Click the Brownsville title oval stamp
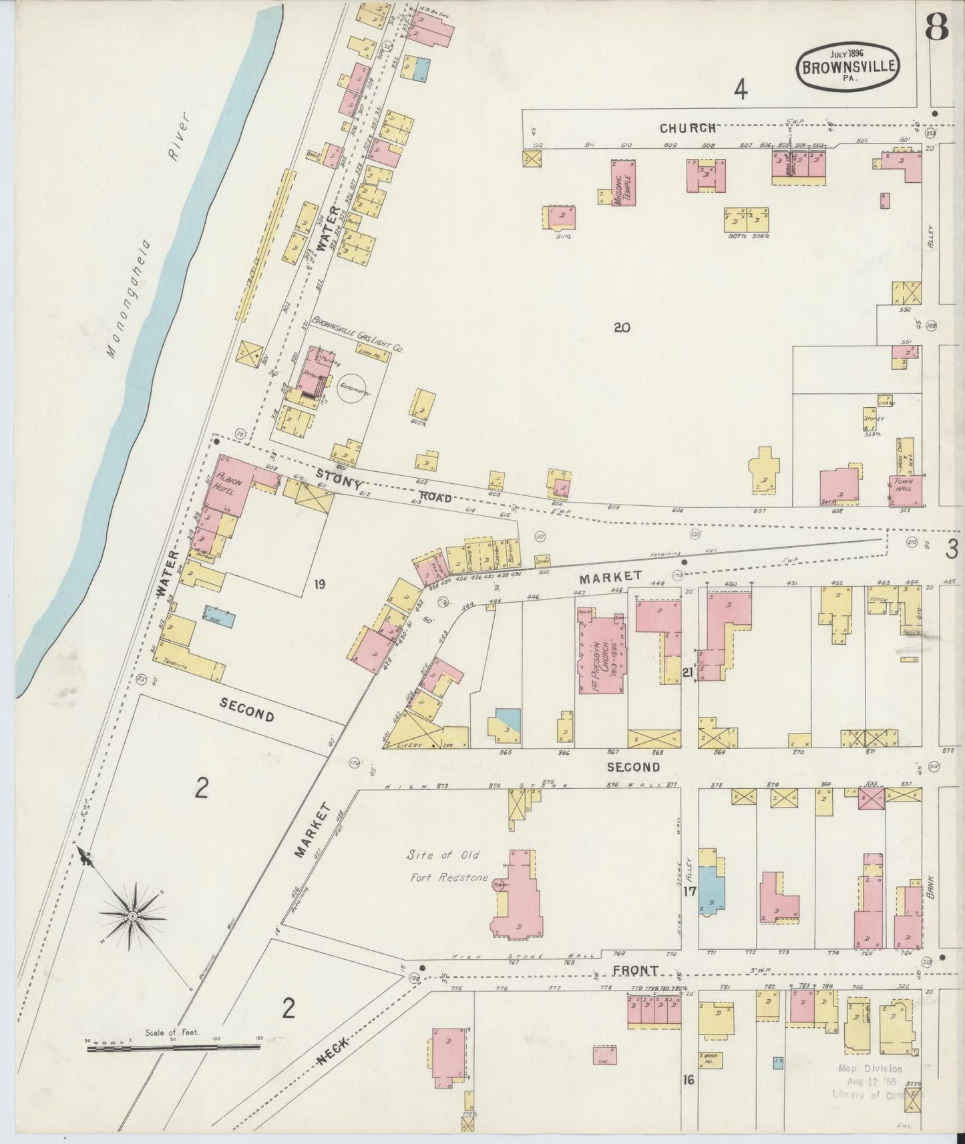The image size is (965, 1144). tap(849, 66)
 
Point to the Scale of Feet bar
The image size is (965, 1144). tap(174, 1048)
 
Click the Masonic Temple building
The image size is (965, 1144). tap(624, 182)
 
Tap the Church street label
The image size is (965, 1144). tap(688, 127)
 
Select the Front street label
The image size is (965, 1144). tap(642, 970)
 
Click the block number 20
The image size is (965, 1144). tap(622, 328)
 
